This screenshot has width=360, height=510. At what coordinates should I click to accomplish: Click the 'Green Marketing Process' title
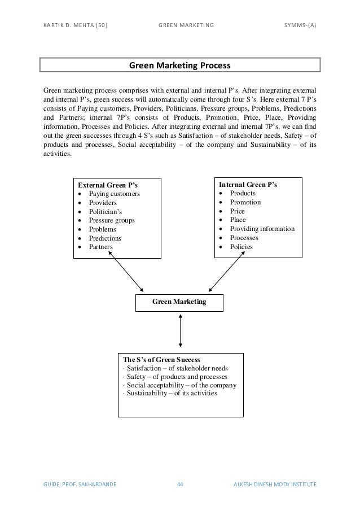tap(180, 66)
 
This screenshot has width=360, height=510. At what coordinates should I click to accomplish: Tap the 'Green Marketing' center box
tap(179, 303)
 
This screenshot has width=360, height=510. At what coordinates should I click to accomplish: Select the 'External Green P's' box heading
tap(108, 185)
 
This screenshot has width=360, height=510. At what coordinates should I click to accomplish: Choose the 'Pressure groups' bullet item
tap(112, 220)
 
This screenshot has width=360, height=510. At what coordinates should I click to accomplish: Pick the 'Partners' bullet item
tap(101, 247)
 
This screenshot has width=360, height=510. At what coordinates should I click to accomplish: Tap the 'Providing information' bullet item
tap(262, 229)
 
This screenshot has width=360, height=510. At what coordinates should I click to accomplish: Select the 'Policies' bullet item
tap(242, 247)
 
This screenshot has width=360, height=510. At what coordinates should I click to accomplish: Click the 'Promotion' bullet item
tap(245, 202)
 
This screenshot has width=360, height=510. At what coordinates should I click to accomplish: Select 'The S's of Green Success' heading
tap(161, 359)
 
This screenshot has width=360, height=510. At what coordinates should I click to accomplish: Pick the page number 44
tap(180, 484)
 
